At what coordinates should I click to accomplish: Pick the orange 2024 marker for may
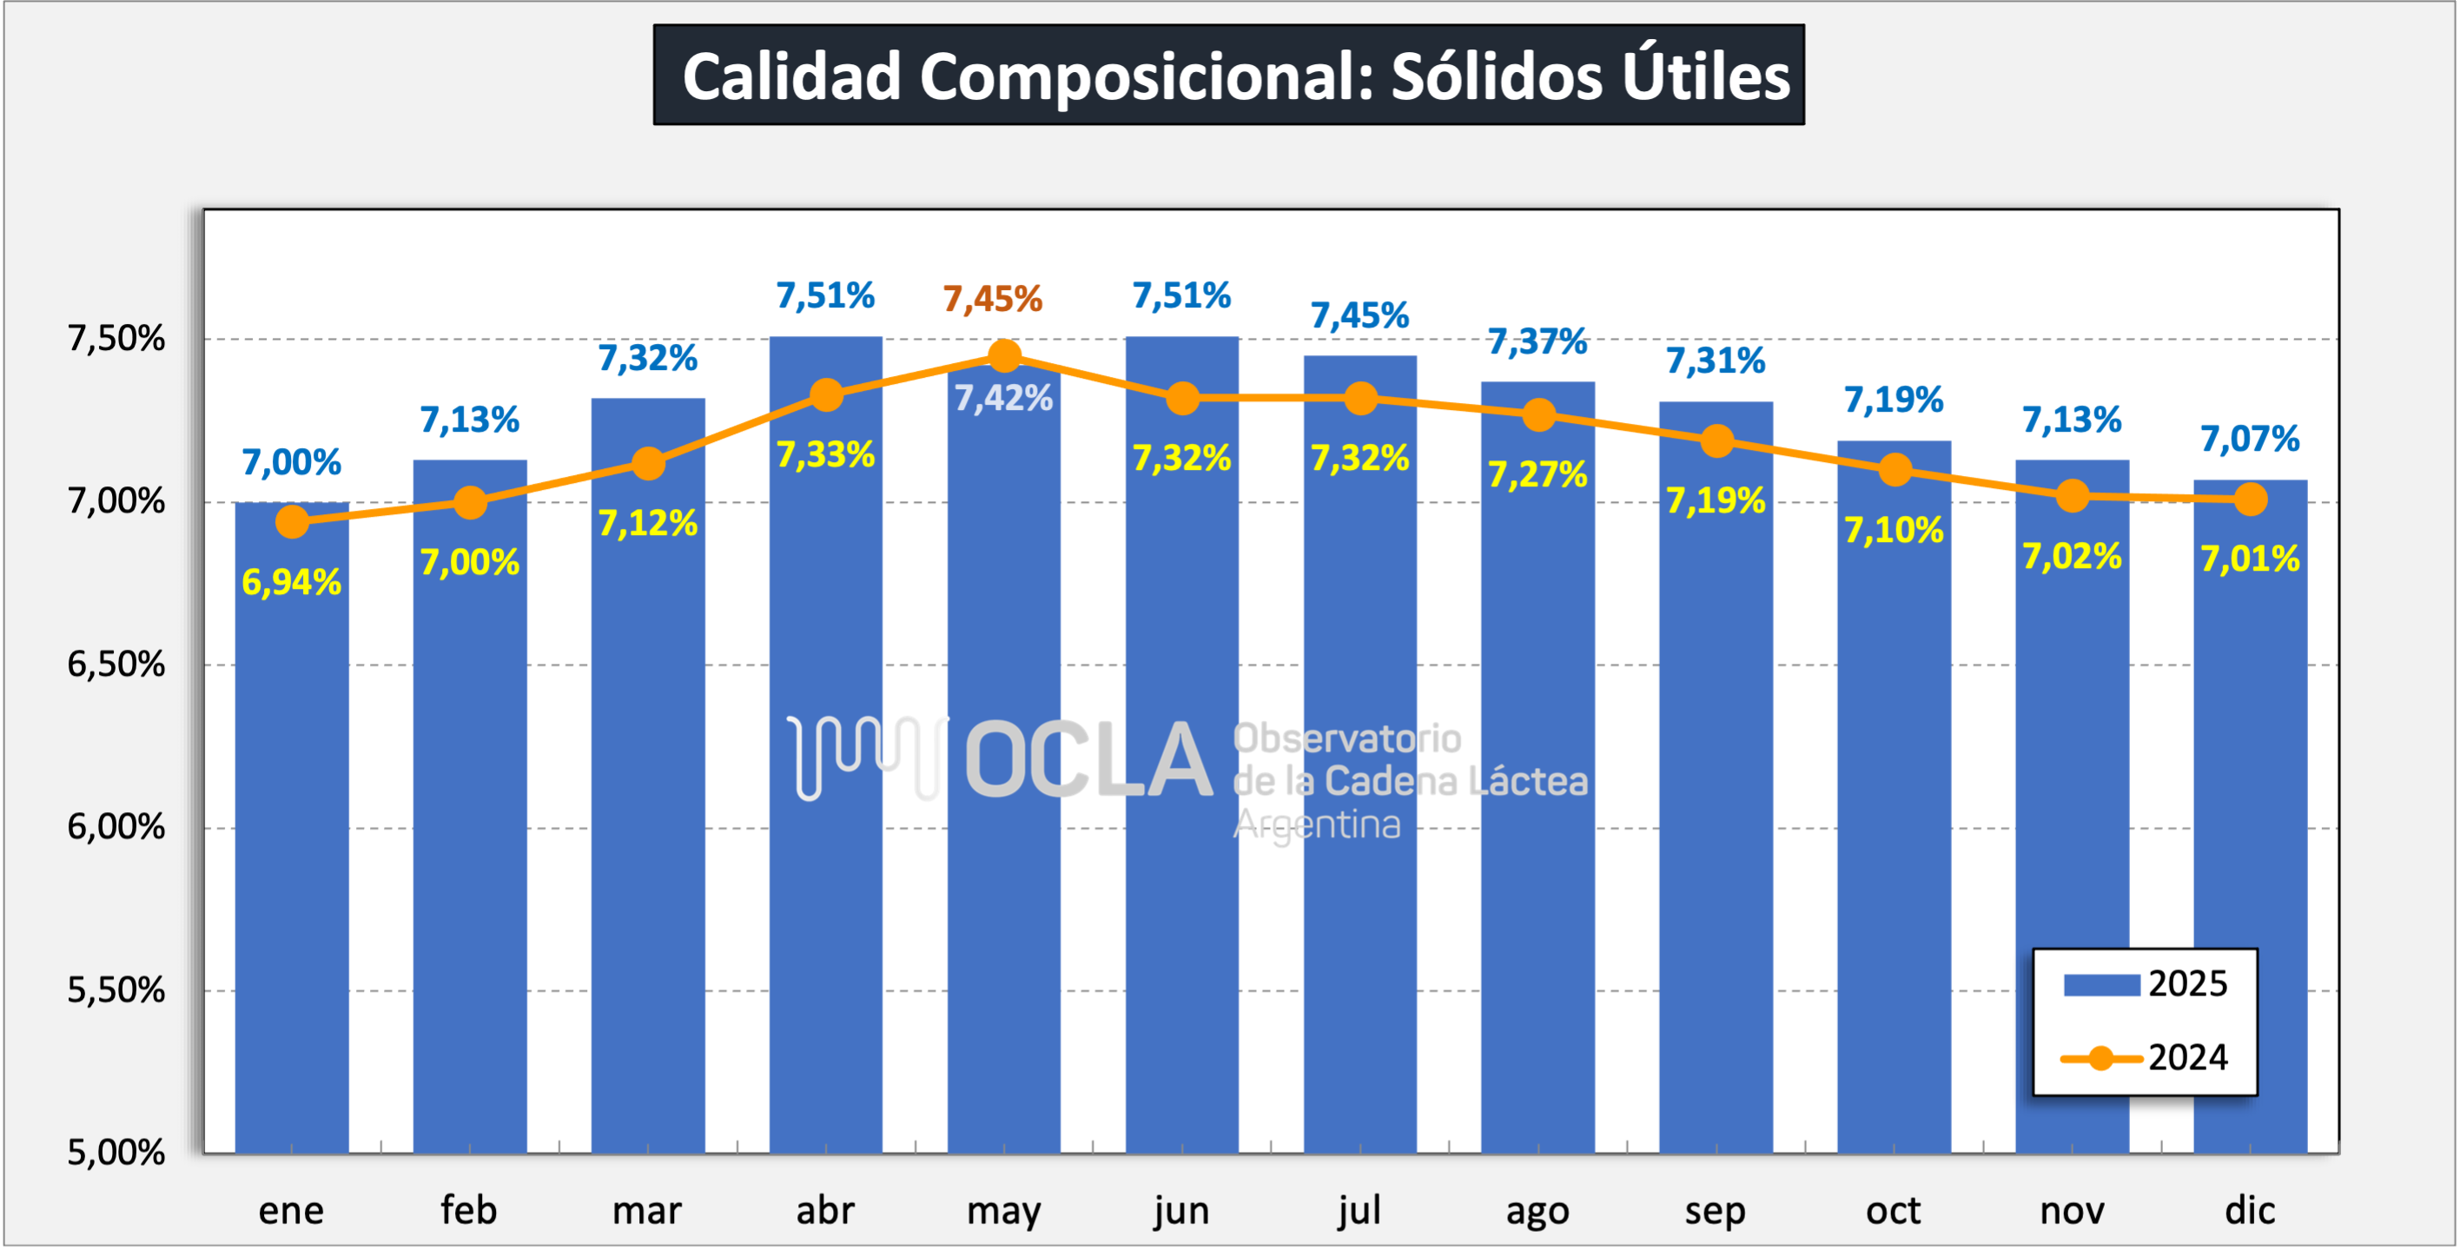tap(1003, 356)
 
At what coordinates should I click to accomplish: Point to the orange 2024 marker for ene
tap(292, 521)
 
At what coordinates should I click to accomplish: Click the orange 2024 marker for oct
tap(1895, 470)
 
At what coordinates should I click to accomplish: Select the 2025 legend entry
tap(2145, 984)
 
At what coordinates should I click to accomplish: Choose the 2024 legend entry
tap(2145, 1058)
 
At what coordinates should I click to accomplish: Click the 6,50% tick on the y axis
tap(116, 665)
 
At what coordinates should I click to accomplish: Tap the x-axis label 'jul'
tap(1359, 1211)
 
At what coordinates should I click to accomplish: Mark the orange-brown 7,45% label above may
tap(992, 300)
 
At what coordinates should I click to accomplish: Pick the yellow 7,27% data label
tap(1537, 474)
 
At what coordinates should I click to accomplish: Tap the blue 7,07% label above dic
tap(2250, 440)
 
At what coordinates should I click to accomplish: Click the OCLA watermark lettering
tap(1088, 761)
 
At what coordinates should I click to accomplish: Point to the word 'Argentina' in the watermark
tap(1317, 825)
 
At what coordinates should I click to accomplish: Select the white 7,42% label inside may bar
tap(1003, 398)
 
